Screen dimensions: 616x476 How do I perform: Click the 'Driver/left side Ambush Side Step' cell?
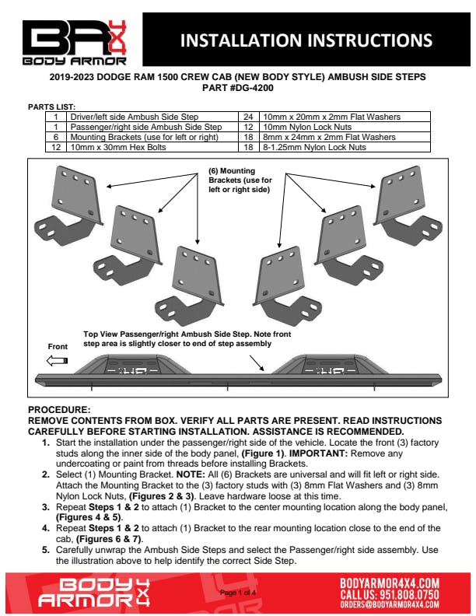(x=133, y=117)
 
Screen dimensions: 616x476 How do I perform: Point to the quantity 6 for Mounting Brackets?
(x=56, y=137)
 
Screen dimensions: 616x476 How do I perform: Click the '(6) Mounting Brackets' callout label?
(x=241, y=180)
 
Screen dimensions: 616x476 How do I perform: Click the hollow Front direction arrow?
(x=58, y=360)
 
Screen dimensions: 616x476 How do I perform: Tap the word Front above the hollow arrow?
(x=58, y=345)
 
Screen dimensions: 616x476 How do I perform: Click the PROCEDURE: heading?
(x=59, y=409)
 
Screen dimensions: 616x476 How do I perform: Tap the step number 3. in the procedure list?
(x=46, y=506)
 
